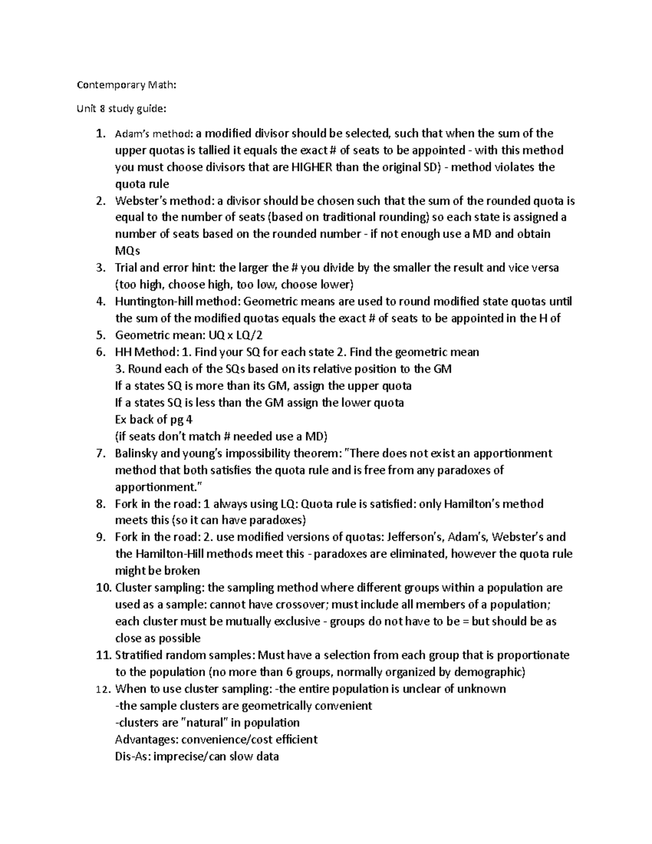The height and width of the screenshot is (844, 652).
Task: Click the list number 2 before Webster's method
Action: pyautogui.click(x=99, y=201)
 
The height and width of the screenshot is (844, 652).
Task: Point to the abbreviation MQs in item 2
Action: pyautogui.click(x=128, y=251)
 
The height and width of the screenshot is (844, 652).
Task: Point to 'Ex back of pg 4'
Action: pyautogui.click(x=154, y=420)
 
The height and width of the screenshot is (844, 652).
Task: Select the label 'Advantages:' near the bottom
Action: pyautogui.click(x=146, y=740)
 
